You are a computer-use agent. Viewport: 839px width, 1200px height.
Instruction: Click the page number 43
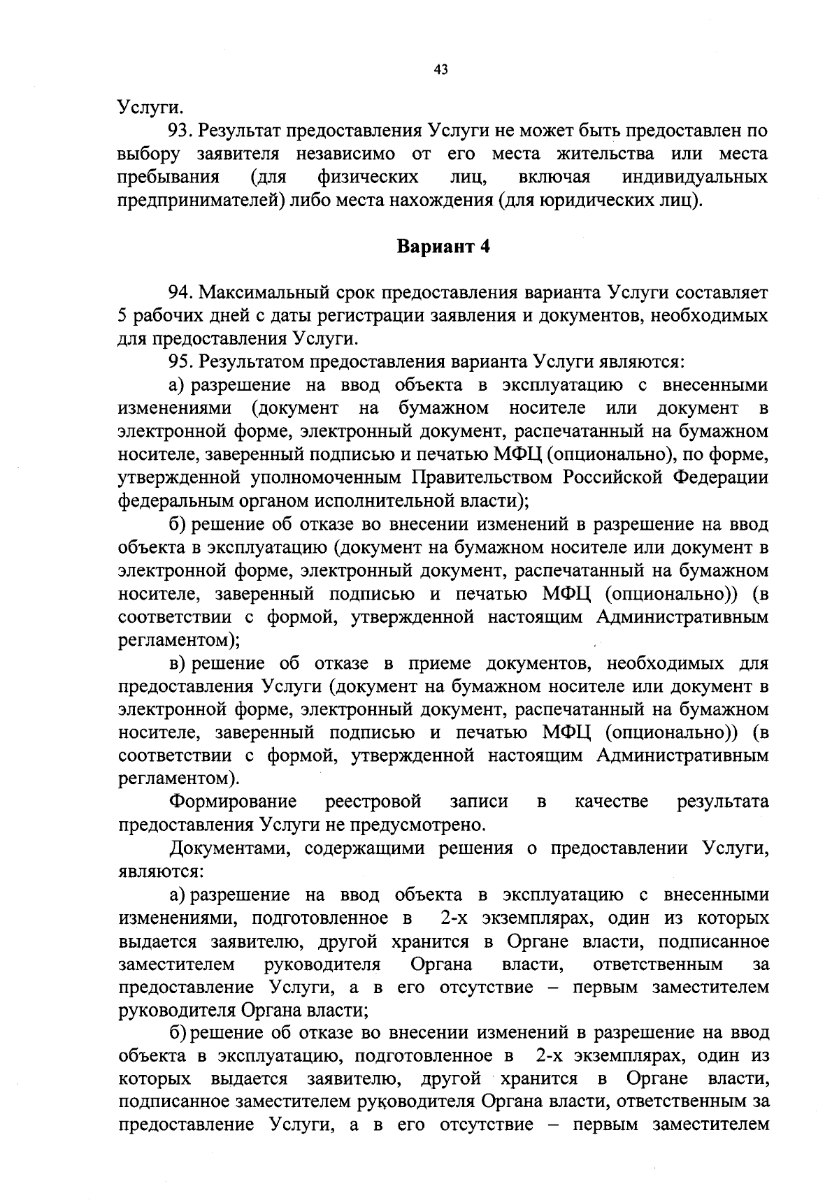(x=440, y=69)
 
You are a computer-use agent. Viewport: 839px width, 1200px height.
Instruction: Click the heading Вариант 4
(x=443, y=247)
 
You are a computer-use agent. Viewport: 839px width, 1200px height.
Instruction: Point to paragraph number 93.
(x=180, y=131)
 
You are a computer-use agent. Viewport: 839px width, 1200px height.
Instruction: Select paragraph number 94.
(x=180, y=292)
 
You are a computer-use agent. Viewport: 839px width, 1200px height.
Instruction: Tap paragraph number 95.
(x=180, y=361)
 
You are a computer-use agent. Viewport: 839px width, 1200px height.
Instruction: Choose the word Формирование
(x=234, y=801)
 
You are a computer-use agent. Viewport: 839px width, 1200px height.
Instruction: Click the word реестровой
(x=373, y=801)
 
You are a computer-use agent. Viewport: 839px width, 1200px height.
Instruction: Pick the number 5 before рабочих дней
(x=122, y=315)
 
